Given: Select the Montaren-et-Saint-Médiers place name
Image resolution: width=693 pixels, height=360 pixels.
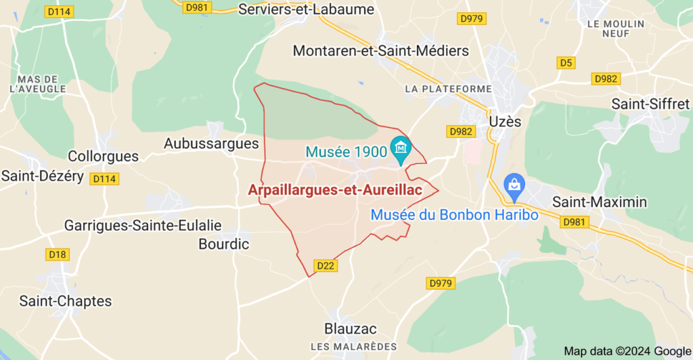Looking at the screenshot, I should click(x=380, y=51).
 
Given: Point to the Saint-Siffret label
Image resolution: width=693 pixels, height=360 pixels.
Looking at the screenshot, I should click(x=650, y=104).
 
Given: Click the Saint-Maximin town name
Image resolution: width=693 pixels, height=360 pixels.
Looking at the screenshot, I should click(x=600, y=202).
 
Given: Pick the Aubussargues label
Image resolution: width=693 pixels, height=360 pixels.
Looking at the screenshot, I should click(x=211, y=143).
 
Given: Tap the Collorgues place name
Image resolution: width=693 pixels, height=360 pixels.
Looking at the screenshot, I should click(x=103, y=156).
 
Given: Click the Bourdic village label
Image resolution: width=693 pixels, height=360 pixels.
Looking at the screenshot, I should click(x=224, y=244).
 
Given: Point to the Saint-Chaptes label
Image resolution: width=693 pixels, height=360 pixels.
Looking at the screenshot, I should click(x=66, y=301).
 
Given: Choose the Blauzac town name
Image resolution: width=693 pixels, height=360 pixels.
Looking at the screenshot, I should click(x=351, y=329).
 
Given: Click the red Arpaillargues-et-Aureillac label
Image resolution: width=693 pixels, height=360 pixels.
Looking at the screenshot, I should click(x=335, y=191).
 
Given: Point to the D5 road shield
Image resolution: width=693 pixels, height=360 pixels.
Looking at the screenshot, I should click(x=566, y=63).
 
